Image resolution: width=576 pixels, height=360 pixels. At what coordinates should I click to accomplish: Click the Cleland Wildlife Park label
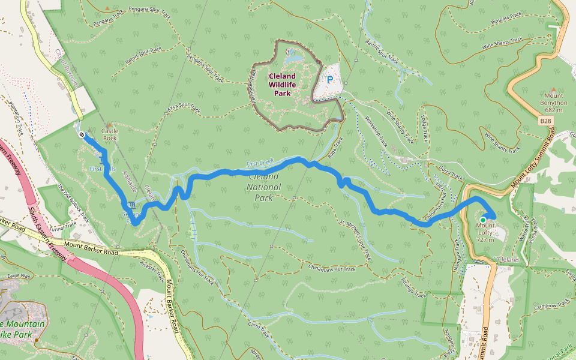tap(282, 85)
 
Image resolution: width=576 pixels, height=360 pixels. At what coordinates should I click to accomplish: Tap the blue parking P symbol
tap(329, 79)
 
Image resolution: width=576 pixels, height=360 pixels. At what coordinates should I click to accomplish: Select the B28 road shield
tap(545, 121)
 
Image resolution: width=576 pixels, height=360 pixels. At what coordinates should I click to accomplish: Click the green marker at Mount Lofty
tap(483, 220)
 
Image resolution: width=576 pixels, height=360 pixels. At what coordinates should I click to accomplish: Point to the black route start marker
tap(81, 135)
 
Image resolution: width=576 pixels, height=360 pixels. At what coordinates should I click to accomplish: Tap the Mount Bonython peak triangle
tap(553, 89)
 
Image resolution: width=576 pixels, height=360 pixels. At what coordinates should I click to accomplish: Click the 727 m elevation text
tap(485, 240)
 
